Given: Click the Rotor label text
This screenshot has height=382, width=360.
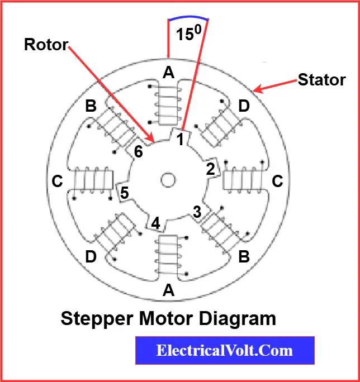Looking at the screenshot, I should click(46, 45).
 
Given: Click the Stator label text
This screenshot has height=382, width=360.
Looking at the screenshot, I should click(321, 80).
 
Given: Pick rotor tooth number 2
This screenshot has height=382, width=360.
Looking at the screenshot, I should click(211, 169).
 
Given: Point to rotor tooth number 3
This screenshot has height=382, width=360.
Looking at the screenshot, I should click(197, 212).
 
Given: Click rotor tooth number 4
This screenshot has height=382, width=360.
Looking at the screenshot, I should click(156, 223).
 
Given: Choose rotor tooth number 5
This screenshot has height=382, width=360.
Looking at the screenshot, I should click(125, 193).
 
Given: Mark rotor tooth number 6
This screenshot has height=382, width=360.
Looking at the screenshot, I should click(138, 151).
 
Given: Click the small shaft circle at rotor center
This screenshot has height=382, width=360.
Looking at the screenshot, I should click(167, 180).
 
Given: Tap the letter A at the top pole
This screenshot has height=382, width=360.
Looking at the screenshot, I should click(168, 72).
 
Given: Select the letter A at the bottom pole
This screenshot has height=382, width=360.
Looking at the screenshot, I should click(168, 290).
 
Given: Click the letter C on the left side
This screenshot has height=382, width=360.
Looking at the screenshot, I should click(56, 182).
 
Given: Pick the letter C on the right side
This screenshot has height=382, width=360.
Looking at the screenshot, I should click(278, 181).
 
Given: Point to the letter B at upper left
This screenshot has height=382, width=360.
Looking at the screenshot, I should click(91, 106).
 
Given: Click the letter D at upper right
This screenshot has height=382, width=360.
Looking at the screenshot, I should click(244, 106).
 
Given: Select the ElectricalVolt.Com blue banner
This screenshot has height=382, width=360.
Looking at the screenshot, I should click(225, 351).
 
